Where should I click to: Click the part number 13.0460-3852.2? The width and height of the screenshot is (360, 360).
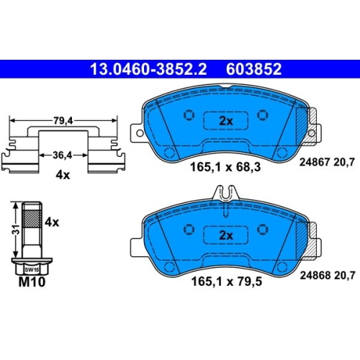coord(148,69)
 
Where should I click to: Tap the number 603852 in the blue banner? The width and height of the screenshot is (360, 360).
coord(253,69)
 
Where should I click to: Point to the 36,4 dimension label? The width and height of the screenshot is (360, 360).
coord(63,156)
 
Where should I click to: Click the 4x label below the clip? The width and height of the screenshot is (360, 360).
coord(63,175)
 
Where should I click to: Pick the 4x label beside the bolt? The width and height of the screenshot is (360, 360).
coord(52,222)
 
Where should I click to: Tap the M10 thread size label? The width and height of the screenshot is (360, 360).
coord(32,282)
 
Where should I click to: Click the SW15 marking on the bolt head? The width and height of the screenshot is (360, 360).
coord(32,270)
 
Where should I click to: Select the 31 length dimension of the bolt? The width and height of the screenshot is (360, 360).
coord(16,230)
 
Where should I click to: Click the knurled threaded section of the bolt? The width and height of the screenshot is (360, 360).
coord(32,218)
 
